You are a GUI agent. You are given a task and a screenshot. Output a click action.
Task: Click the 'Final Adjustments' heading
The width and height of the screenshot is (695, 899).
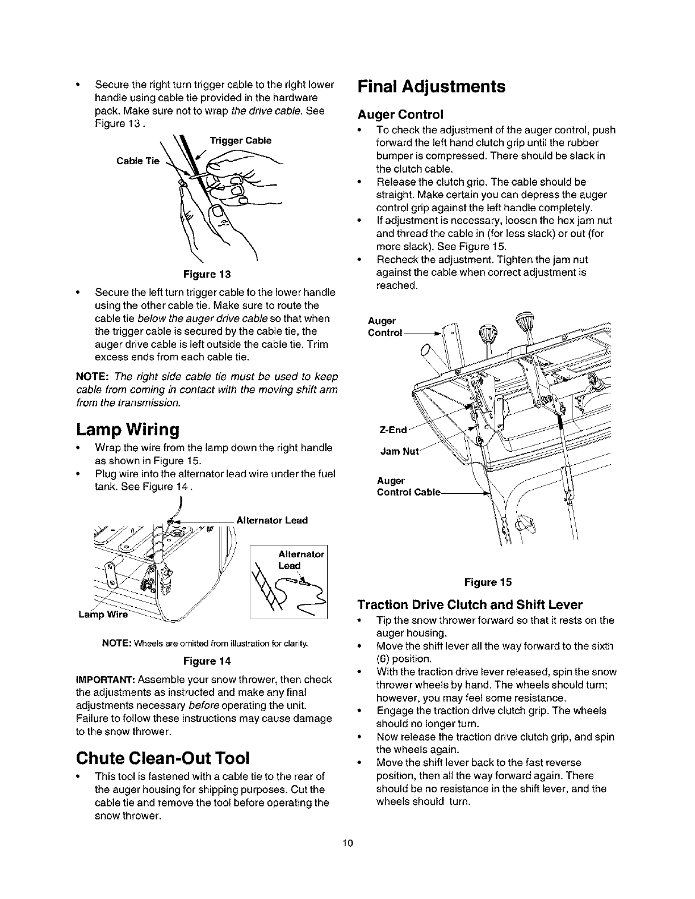(431, 86)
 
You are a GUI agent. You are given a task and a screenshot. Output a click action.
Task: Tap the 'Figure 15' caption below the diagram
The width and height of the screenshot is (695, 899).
(488, 582)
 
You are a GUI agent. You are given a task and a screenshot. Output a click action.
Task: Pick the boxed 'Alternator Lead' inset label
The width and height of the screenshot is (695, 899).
(301, 560)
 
